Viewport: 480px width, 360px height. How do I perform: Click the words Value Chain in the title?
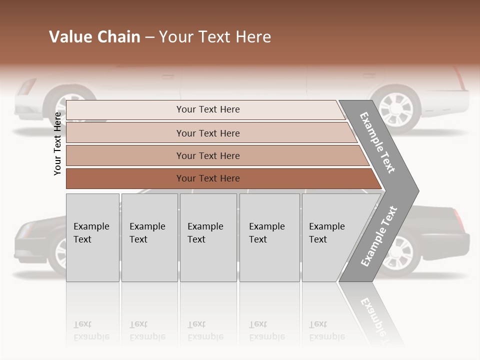(94, 37)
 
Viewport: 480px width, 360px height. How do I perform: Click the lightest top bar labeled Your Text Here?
(207, 109)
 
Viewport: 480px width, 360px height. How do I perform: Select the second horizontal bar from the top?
(207, 133)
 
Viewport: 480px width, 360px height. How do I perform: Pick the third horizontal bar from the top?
(207, 155)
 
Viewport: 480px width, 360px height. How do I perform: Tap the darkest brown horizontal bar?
(207, 178)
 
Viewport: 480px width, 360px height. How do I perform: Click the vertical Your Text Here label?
(57, 143)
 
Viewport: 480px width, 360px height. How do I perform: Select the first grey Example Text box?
(92, 237)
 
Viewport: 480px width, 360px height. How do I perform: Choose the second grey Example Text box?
(149, 237)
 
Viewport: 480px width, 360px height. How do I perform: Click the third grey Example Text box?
(207, 237)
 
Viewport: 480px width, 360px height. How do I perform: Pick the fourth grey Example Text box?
(269, 237)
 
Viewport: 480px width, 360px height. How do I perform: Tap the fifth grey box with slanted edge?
(330, 237)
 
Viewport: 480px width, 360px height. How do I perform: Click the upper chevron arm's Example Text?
(377, 142)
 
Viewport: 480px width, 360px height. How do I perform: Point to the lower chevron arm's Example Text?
(378, 236)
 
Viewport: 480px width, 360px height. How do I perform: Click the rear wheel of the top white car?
(395, 107)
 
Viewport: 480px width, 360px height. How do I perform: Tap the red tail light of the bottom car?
(458, 218)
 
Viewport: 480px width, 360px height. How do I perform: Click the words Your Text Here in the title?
(215, 37)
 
